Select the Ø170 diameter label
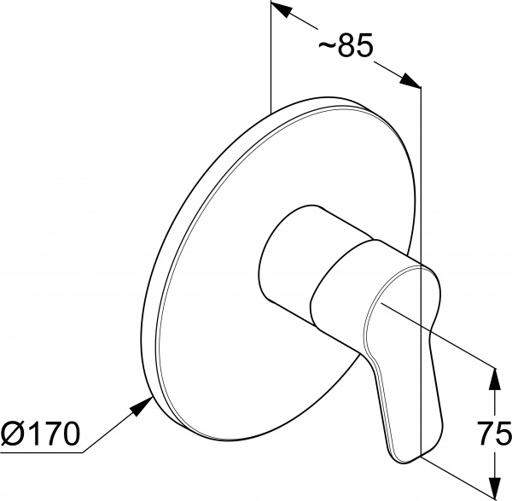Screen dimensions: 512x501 click(x=40, y=434)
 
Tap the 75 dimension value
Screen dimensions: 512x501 click(x=494, y=433)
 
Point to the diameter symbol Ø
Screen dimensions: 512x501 click(x=12, y=434)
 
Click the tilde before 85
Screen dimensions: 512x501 click(x=327, y=45)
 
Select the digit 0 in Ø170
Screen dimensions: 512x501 click(x=70, y=434)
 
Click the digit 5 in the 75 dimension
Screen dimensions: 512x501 click(x=503, y=434)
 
